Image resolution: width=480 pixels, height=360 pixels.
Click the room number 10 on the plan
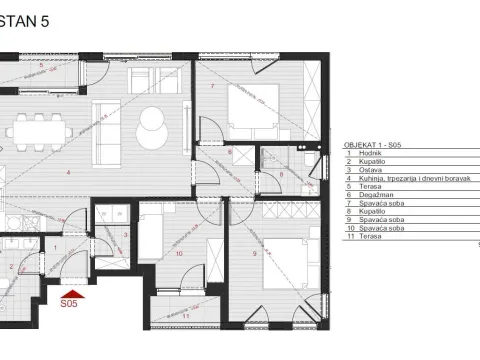point(178,254)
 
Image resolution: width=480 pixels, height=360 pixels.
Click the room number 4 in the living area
point(68,173)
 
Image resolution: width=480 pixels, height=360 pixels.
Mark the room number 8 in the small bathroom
point(282,173)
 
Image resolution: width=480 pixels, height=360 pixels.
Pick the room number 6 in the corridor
point(229,153)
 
